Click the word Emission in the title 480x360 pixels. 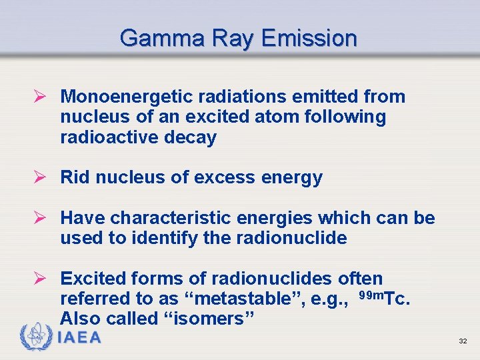[x=309, y=38]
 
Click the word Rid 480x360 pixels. [x=75, y=177]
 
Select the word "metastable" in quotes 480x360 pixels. [x=239, y=298]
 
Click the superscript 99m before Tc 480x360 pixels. [x=372, y=294]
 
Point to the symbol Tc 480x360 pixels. [x=398, y=298]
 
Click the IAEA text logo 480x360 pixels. [x=80, y=338]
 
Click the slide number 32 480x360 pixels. [x=463, y=341]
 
